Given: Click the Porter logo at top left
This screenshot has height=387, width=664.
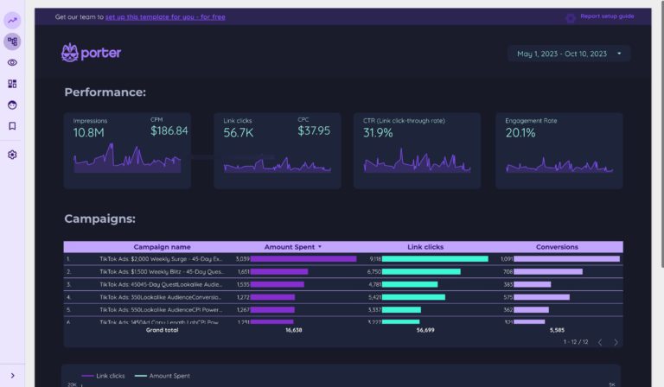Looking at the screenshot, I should pos(91,53).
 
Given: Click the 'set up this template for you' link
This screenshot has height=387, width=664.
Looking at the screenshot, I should pos(165,16).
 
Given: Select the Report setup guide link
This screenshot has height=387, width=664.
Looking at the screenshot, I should pos(606,16).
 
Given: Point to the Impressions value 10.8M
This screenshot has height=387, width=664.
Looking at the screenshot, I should pos(89,133).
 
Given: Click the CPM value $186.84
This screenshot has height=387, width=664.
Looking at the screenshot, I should pos(169,131).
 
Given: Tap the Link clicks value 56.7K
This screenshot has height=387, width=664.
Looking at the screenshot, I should pos(238,133).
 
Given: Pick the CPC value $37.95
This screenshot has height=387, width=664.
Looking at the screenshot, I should pos(314,131).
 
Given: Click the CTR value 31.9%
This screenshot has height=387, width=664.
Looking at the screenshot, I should pos(378,133).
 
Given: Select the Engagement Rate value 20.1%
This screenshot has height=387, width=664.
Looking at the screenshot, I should pos(520,133).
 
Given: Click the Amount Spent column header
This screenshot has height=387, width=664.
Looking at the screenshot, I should pos(290,247).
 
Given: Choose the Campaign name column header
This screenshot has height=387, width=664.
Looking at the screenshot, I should pos(162,247).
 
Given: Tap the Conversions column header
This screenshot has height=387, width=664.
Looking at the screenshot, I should pos(557,247).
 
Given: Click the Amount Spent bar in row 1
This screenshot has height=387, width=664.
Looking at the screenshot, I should pos(303,258).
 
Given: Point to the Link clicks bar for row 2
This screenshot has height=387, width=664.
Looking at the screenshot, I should pos(421,271).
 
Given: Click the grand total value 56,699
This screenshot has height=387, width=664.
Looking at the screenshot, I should pos(425,329).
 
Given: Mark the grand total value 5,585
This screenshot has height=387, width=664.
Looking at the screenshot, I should pos(557,329).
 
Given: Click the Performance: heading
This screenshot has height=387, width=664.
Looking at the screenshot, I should pos(105,92).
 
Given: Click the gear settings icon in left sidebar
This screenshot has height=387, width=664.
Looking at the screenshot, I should pos(12,155).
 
